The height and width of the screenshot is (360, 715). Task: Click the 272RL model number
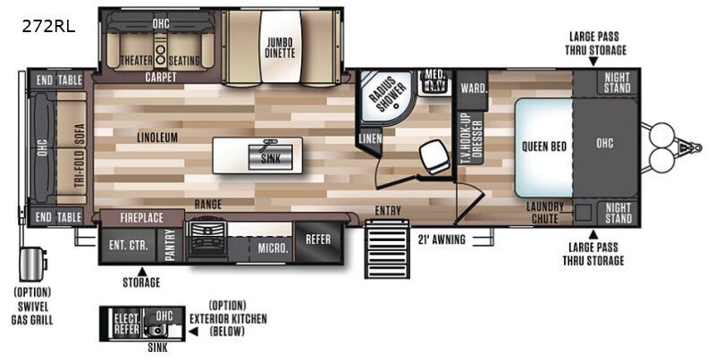click(49, 27)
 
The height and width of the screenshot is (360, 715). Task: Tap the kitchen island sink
click(270, 157)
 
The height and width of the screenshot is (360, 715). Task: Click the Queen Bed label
click(544, 147)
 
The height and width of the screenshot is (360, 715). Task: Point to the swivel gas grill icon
click(32, 264)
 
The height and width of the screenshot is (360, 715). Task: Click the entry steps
click(387, 249)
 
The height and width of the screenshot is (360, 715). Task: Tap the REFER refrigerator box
click(318, 240)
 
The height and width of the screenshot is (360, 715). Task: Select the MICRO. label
click(273, 248)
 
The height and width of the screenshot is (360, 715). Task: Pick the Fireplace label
click(142, 218)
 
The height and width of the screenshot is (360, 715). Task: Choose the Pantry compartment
click(170, 246)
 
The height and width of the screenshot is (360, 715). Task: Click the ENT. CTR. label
click(129, 245)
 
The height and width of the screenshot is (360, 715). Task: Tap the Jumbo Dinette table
click(281, 46)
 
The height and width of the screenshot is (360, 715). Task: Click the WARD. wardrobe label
click(474, 88)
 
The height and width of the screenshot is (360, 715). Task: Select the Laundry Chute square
click(583, 213)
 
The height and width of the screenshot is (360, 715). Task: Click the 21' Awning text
click(442, 239)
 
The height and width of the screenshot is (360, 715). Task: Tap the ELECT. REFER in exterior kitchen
click(126, 323)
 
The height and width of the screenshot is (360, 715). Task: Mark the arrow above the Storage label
click(142, 271)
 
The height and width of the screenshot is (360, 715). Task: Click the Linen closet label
click(370, 138)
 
